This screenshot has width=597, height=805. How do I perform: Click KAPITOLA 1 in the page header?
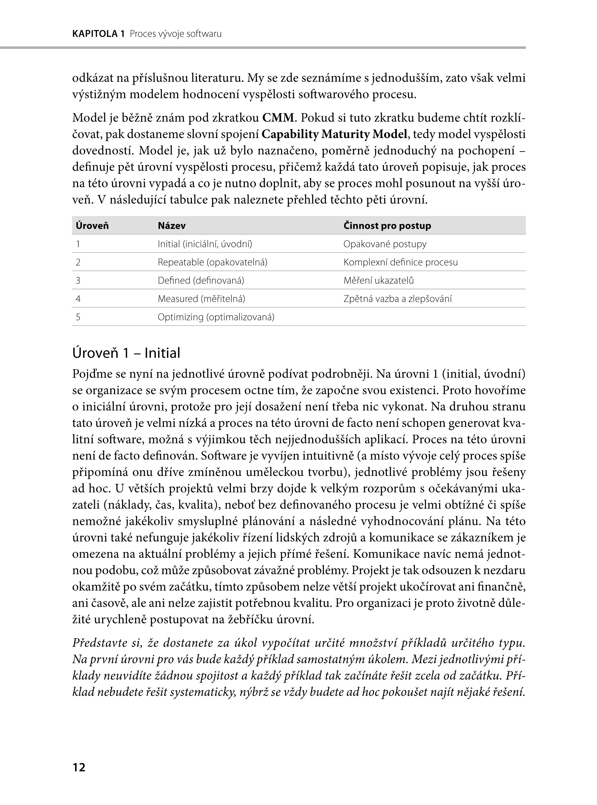tap(98, 34)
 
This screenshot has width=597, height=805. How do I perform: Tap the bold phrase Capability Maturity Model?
tap(334, 134)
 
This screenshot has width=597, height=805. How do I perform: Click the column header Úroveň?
tap(92, 226)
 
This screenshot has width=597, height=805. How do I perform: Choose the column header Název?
tap(172, 226)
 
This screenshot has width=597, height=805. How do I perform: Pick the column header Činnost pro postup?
tap(387, 226)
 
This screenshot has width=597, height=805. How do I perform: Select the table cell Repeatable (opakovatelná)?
tap(213, 262)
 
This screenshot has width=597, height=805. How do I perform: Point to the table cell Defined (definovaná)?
tap(201, 280)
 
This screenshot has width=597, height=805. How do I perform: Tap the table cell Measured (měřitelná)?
tap(201, 299)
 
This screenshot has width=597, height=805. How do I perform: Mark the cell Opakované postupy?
tap(385, 244)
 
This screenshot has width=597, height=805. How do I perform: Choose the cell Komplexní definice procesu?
tap(400, 262)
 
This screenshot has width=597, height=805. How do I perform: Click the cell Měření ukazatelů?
tap(379, 280)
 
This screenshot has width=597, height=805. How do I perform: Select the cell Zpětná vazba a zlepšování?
tap(397, 299)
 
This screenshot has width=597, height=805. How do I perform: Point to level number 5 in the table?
tap(78, 317)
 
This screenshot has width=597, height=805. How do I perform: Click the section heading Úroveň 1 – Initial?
tap(126, 353)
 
